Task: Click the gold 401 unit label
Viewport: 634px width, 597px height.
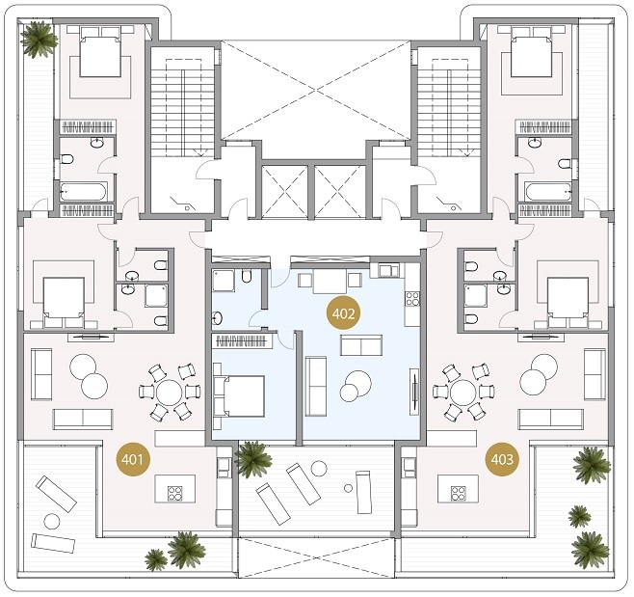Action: pyautogui.click(x=133, y=459)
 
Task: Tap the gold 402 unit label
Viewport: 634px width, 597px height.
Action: pyautogui.click(x=343, y=313)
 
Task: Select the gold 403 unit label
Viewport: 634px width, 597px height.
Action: pyautogui.click(x=502, y=459)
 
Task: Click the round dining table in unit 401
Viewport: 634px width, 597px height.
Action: pyautogui.click(x=170, y=393)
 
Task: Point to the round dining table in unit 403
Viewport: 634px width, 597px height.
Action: pyautogui.click(x=463, y=393)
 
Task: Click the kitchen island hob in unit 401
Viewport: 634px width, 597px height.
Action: pyautogui.click(x=174, y=494)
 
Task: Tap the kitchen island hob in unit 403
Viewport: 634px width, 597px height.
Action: pyautogui.click(x=458, y=494)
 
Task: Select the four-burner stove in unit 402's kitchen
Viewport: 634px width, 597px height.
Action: pyautogui.click(x=412, y=299)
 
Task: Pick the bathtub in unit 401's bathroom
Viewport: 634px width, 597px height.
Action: pyautogui.click(x=84, y=192)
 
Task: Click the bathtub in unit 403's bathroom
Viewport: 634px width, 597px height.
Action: pyautogui.click(x=548, y=192)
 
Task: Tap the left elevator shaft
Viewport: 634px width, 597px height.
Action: pyautogui.click(x=284, y=191)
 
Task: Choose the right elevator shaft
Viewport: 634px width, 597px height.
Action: pyautogui.click(x=339, y=191)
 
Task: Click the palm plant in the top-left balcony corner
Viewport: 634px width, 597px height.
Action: pyautogui.click(x=40, y=39)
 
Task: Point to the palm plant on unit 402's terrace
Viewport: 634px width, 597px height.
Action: pyautogui.click(x=253, y=459)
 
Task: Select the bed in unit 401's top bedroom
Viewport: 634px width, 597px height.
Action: pyautogui.click(x=100, y=51)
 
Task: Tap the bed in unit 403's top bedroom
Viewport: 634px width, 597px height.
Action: pyautogui.click(x=531, y=51)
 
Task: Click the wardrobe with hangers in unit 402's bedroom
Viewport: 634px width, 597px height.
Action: pyautogui.click(x=242, y=340)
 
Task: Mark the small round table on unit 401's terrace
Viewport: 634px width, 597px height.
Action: pyautogui.click(x=52, y=522)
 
